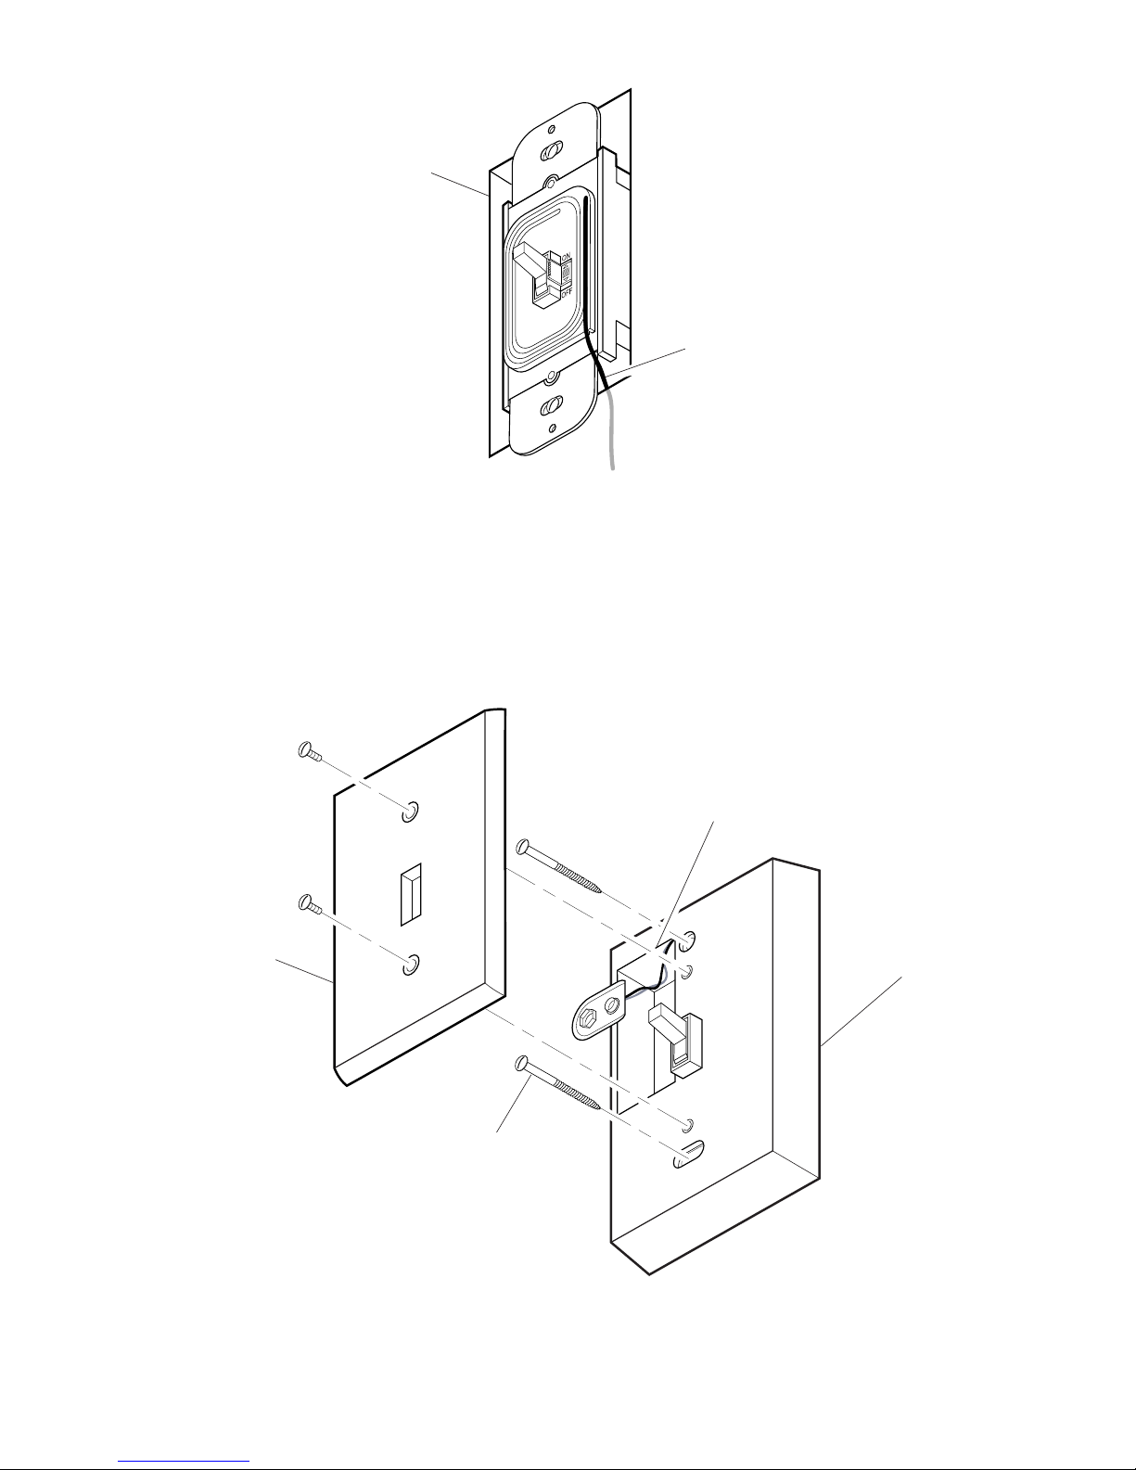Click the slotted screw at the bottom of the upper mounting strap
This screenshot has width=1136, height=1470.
point(555,406)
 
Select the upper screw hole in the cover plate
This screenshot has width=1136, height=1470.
point(410,812)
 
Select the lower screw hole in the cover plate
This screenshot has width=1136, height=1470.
point(410,967)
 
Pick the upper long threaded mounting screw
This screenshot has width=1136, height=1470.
point(561,868)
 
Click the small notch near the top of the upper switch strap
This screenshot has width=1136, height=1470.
point(552,129)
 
